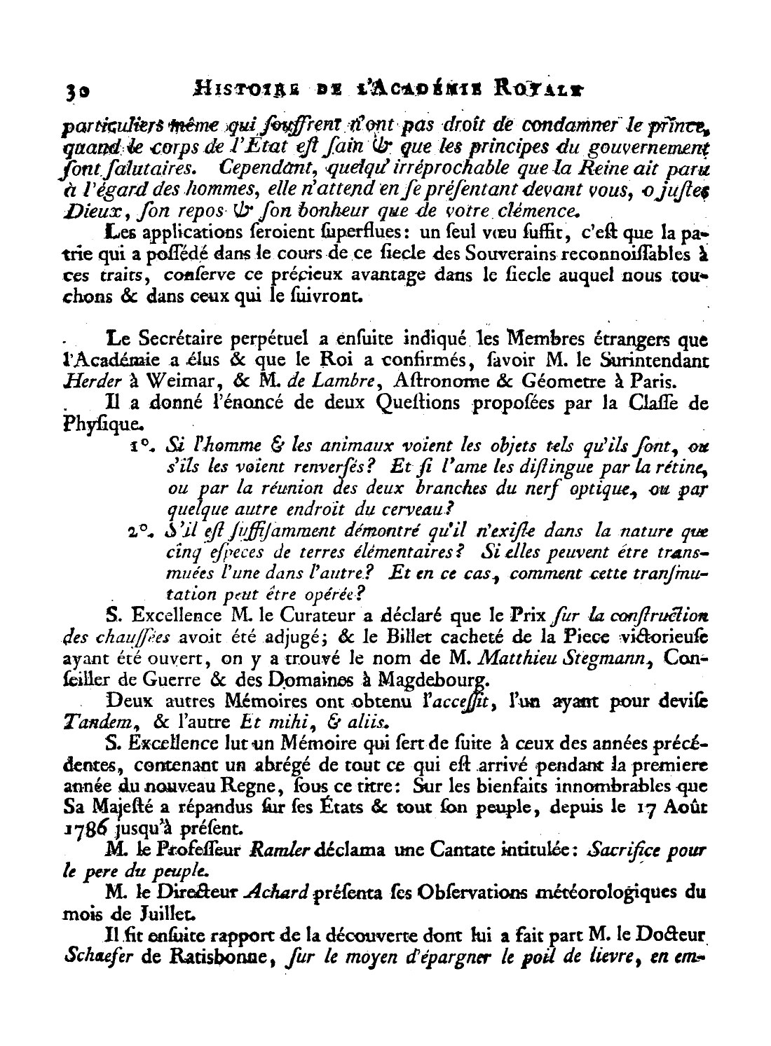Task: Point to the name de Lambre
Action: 330,381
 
